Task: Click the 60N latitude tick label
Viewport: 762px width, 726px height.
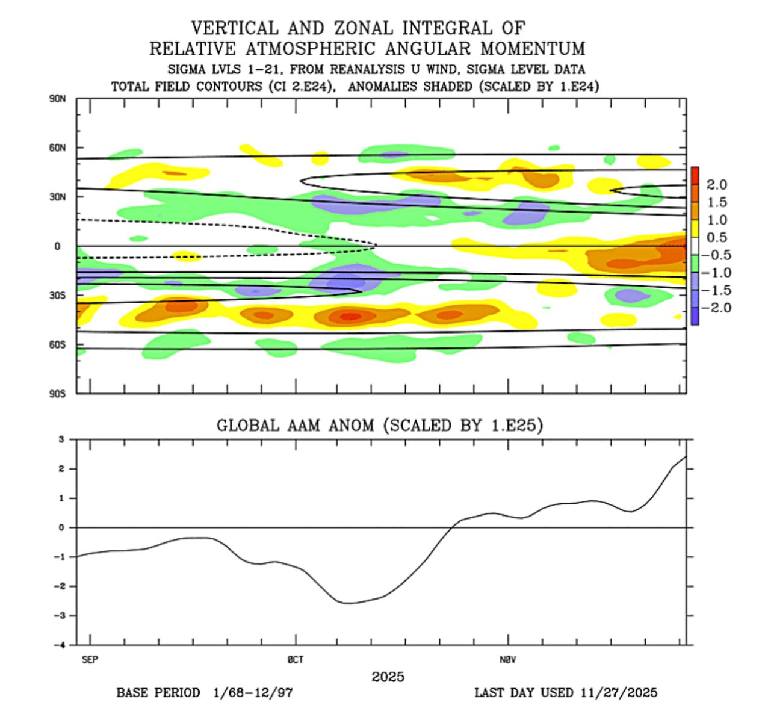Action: coord(57,147)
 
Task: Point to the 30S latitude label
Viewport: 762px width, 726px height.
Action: coord(57,296)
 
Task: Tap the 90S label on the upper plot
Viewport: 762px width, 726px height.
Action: coord(57,394)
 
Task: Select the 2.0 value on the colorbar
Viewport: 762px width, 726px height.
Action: coord(716,185)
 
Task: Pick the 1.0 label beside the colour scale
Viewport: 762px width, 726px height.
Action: coord(716,220)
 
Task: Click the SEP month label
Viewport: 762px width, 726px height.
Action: coord(90,660)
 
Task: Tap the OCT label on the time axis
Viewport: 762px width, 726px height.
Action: coord(296,660)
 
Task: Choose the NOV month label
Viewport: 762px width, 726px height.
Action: coord(507,660)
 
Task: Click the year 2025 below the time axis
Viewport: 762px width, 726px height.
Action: coord(388,677)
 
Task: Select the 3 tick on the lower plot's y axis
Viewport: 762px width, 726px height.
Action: coord(61,439)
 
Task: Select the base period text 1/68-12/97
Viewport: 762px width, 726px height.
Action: coord(253,692)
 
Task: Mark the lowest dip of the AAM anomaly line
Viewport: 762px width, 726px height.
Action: coord(349,603)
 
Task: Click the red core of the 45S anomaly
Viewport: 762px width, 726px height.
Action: coord(351,315)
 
